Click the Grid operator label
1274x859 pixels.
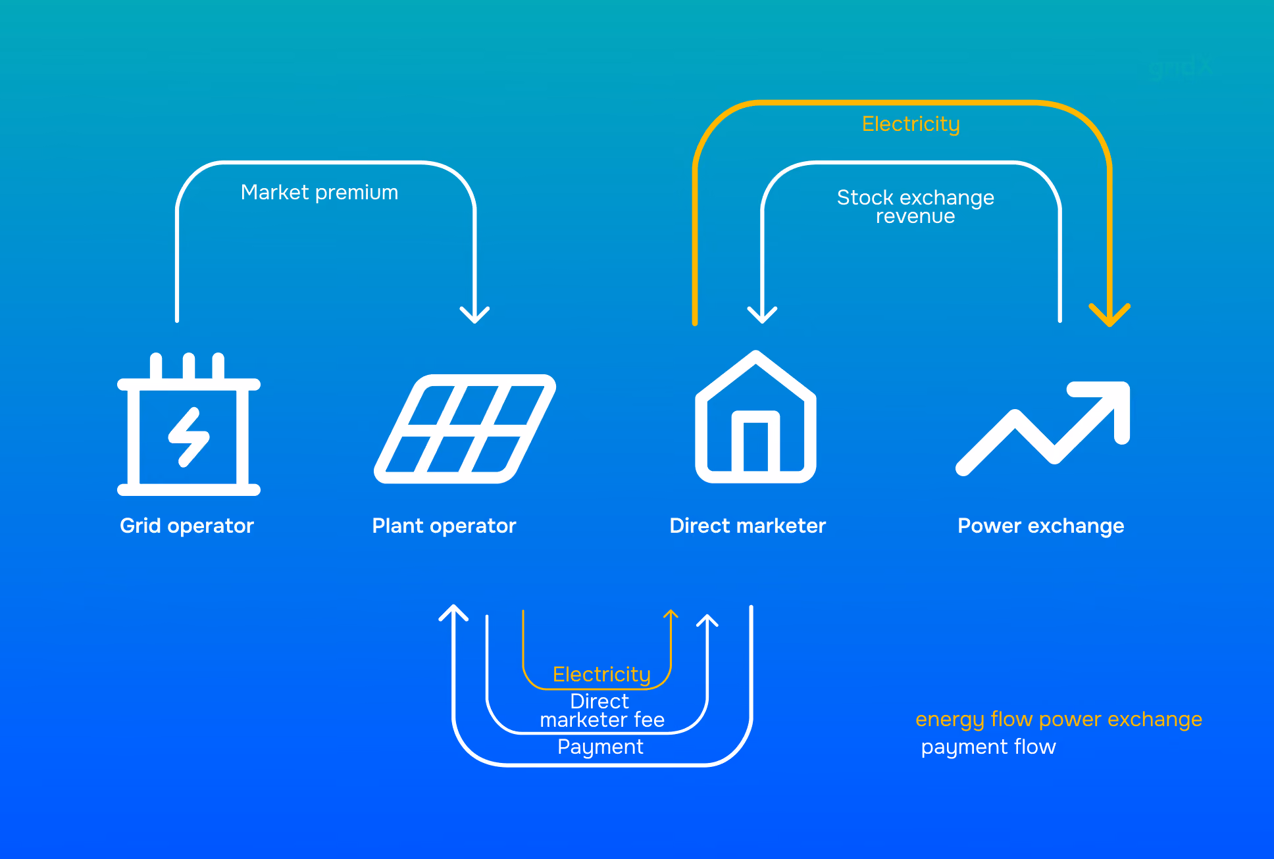point(187,526)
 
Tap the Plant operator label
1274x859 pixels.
point(444,526)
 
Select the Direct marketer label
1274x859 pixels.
point(748,526)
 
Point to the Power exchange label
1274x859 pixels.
point(1041,526)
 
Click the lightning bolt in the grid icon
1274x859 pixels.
point(189,437)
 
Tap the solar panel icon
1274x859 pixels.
point(465,429)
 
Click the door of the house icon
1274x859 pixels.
point(755,441)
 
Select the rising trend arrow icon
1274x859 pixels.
point(1043,428)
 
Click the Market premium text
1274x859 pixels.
point(319,193)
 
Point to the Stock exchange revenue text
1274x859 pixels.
point(915,207)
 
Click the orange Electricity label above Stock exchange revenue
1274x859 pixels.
point(911,124)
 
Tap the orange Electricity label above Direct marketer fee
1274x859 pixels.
point(601,675)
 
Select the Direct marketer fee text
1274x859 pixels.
point(601,710)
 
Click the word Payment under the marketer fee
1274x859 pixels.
point(600,747)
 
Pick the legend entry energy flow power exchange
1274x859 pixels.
point(1059,720)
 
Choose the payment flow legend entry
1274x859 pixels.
point(988,747)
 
